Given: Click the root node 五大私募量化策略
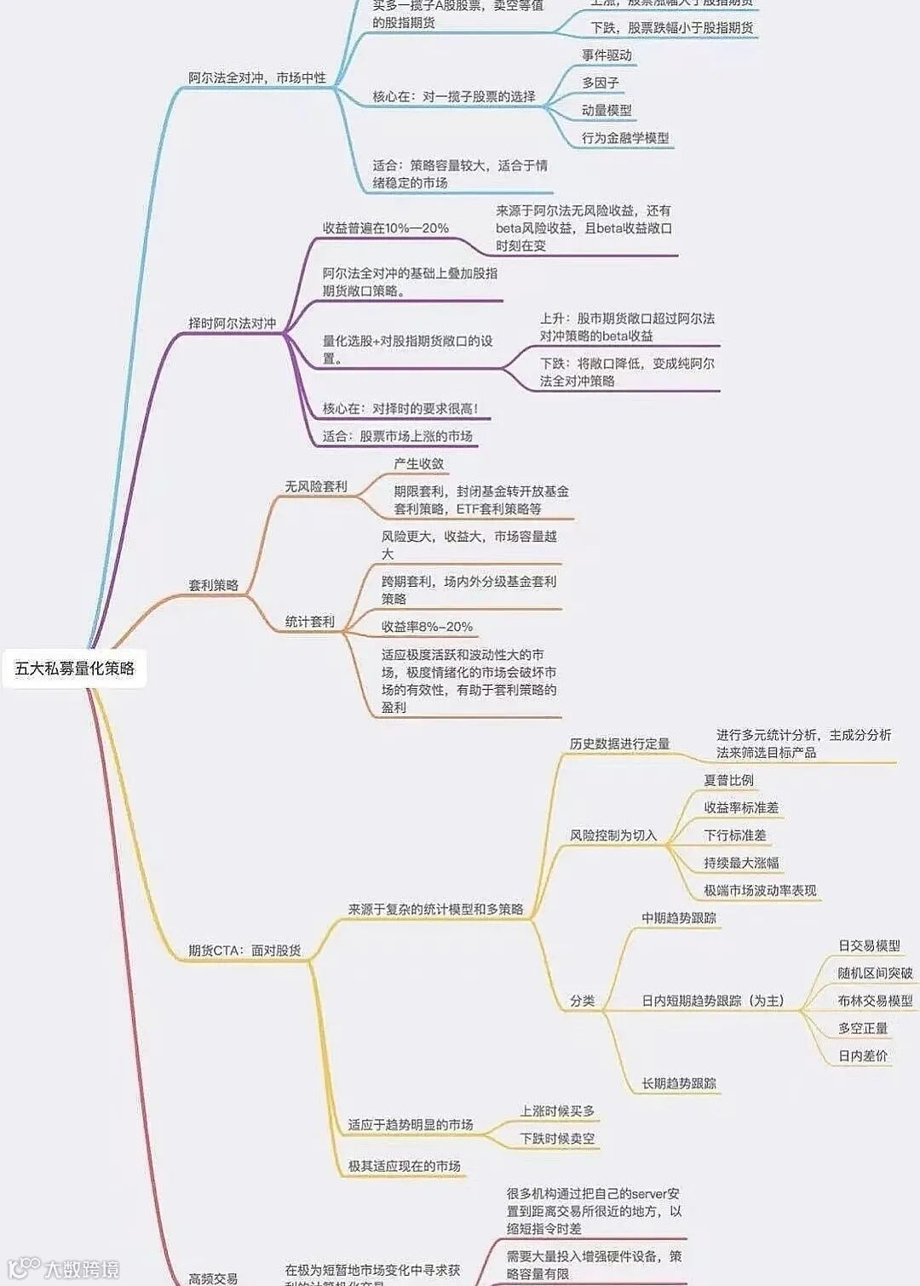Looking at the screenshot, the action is (75, 669).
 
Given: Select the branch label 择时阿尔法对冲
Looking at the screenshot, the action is (232, 324).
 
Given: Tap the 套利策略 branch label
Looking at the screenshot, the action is (213, 586).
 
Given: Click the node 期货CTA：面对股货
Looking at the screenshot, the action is (244, 950).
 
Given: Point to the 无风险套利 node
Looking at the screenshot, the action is (316, 486).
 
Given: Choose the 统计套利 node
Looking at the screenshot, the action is (310, 622).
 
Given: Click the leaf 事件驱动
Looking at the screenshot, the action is (607, 55).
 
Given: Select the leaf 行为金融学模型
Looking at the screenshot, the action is (625, 138).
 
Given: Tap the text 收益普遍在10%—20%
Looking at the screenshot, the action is (385, 228).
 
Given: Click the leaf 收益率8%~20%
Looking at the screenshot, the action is (427, 627).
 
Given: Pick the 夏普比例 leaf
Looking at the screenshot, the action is (728, 780).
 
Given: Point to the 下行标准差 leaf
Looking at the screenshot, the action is (734, 835).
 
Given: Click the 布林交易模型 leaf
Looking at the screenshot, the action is (875, 1001).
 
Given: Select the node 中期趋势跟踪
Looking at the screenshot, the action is (679, 918).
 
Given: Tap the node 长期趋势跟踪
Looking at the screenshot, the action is (679, 1083).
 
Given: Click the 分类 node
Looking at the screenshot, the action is (583, 1001).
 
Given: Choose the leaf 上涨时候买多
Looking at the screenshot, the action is (557, 1111).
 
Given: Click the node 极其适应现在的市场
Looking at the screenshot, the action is (404, 1166).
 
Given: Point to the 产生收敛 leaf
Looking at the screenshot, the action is (418, 464).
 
